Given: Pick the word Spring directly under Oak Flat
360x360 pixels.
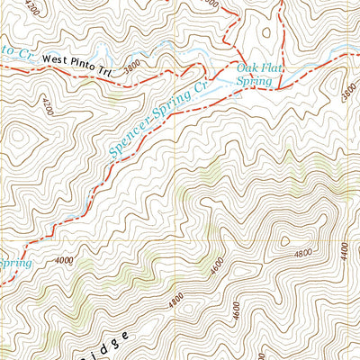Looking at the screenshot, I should (254, 80).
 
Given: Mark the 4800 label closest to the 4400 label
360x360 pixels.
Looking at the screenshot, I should (301, 255).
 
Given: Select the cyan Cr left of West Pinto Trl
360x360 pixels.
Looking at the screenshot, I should (27, 53).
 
